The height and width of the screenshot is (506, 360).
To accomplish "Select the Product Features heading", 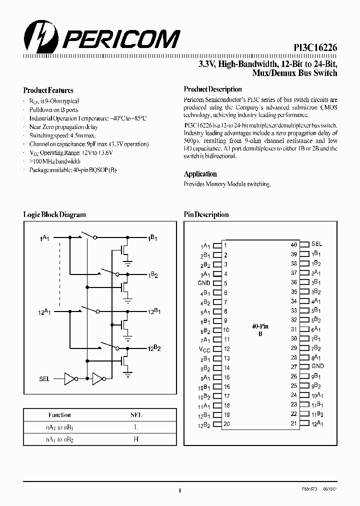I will point(48,90).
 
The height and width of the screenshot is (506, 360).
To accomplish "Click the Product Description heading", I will point(212,89).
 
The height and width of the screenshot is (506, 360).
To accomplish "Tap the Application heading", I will point(200,174).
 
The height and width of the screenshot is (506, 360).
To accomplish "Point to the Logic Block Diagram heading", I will point(54,214).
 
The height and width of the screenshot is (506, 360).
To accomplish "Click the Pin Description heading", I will point(206,214).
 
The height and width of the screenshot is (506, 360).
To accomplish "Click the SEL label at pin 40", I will point(316,244).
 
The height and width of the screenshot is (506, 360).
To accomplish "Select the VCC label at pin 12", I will point(204,349).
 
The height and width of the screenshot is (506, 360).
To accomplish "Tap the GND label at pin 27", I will point(317,366).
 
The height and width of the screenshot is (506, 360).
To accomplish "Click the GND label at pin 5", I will point(203,283).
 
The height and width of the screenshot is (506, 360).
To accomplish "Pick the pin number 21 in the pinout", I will point(294,423).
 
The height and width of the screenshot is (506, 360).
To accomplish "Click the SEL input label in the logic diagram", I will point(44,379).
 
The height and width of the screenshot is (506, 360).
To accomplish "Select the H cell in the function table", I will point(136,438).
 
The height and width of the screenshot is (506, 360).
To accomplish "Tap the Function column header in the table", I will point(59,414).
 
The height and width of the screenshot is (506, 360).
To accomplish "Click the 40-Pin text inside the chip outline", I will point(258,325).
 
